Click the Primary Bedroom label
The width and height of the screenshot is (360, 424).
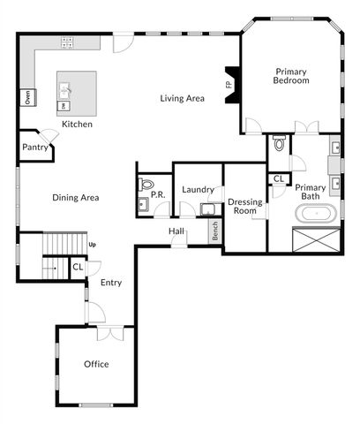(x=291, y=76)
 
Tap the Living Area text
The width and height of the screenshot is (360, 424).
(x=182, y=98)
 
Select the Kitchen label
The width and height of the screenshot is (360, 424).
(x=77, y=125)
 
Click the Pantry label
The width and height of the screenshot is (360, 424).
(x=34, y=148)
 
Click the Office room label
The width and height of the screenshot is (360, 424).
(x=96, y=364)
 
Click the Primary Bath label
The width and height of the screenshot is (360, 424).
(x=310, y=192)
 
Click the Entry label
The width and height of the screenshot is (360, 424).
(x=111, y=283)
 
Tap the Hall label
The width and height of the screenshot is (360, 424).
(x=176, y=231)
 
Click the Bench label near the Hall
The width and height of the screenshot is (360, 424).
(x=214, y=231)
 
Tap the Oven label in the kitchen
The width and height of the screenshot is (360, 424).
(x=28, y=97)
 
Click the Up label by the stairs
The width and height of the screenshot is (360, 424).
(x=92, y=244)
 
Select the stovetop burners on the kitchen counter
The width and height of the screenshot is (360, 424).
(x=67, y=42)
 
